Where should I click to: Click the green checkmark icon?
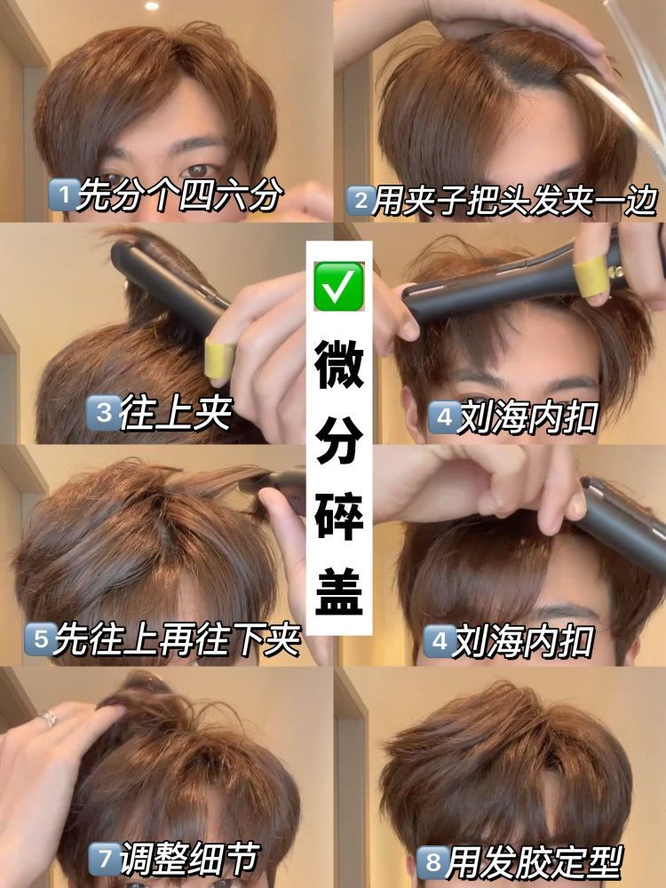(x=338, y=286)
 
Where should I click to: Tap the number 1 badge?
(x=63, y=194)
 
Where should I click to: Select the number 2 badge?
(x=361, y=201)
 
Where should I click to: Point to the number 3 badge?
(x=103, y=413)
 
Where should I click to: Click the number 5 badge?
(x=40, y=638)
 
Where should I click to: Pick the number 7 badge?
(x=105, y=859)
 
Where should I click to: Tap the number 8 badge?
(x=432, y=862)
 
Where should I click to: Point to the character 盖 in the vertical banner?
(x=339, y=591)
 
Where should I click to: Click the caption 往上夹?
(x=177, y=414)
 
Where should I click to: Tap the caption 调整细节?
(x=190, y=859)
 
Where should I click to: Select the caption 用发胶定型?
(x=535, y=862)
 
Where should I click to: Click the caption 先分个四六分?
(x=179, y=194)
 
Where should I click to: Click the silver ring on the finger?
(x=48, y=718)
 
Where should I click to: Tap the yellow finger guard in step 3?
(x=219, y=358)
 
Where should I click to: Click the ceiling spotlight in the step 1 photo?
(x=152, y=5)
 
